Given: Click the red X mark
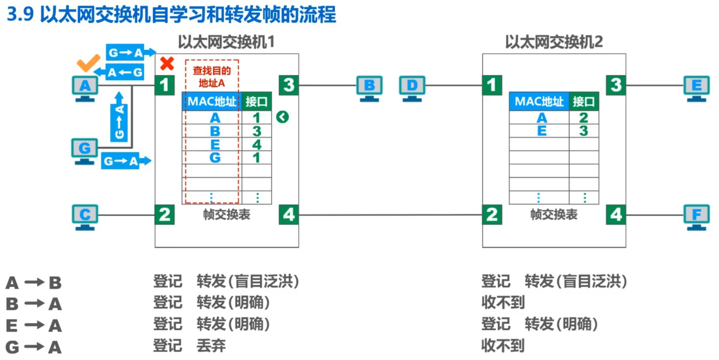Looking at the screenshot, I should click(167, 63).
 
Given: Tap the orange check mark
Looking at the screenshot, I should click(88, 63).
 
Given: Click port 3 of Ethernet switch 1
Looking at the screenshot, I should click(288, 85).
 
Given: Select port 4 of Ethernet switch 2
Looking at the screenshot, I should click(616, 214).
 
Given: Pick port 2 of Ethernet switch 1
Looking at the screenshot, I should click(165, 214).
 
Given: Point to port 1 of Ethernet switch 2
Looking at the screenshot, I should click(492, 85).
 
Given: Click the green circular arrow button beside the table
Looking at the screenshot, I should click(282, 117).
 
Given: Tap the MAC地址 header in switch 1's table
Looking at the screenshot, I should click(212, 101).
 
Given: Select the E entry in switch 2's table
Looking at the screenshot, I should click(542, 131).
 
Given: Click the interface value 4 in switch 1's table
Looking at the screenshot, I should click(256, 145).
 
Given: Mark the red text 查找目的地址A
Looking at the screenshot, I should click(212, 77).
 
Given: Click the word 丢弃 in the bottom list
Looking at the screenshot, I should click(211, 345).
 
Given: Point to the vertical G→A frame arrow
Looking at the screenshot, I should click(119, 117).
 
